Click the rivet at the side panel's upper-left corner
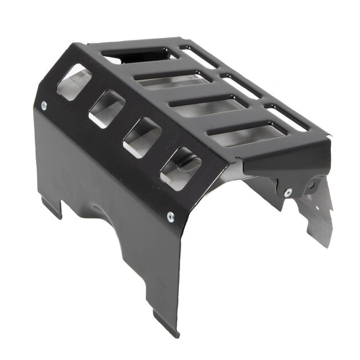44,105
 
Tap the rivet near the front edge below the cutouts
171,215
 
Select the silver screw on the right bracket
287,193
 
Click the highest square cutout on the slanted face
74,82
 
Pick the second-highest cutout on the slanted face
107,109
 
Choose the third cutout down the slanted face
142,137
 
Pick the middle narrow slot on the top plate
241,86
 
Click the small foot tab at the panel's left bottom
51,207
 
